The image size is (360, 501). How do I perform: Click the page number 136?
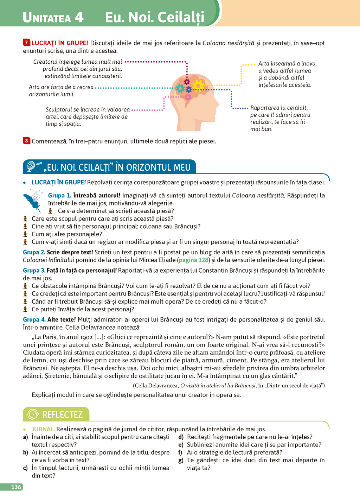(16, 487)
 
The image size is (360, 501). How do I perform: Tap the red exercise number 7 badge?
(26, 43)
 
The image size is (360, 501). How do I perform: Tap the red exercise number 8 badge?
(26, 141)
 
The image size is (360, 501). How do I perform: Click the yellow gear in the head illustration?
(199, 85)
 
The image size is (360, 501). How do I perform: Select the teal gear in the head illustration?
(180, 88)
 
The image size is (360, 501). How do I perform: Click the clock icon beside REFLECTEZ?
(33, 414)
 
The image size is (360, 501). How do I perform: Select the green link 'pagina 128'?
(193, 260)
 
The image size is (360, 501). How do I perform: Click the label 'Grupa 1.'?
(59, 195)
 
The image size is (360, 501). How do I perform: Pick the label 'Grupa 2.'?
(34, 252)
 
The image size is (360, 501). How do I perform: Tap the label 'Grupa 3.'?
(34, 271)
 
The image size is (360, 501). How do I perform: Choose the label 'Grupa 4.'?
(34, 319)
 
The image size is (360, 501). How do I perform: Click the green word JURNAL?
(43, 429)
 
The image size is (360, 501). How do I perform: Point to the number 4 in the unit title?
(79, 17)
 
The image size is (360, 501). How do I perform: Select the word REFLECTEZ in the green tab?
(63, 414)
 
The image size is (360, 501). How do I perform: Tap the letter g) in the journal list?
(180, 460)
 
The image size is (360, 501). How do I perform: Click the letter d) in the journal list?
(181, 437)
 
